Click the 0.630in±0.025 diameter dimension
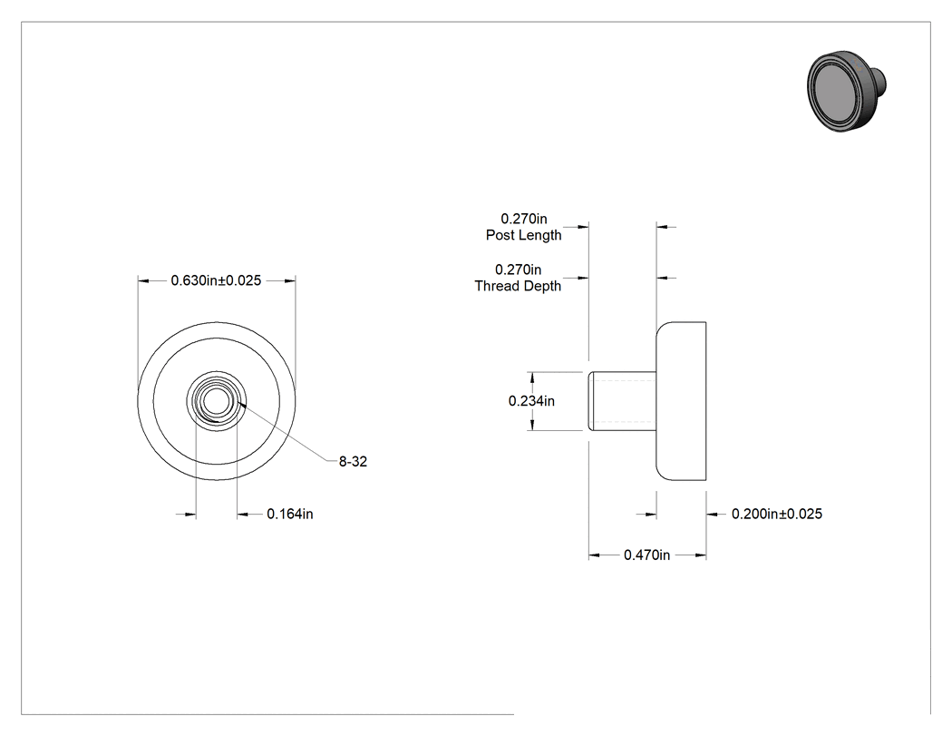[216, 280]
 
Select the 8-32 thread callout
[353, 461]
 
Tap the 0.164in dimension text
[290, 514]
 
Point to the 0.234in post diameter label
[531, 400]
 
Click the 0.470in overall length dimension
[647, 554]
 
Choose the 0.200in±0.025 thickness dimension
[777, 514]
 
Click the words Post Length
[523, 235]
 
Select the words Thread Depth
[518, 286]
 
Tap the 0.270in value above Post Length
[524, 218]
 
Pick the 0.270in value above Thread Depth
[519, 270]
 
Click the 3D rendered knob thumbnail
[846, 91]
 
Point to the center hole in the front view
[216, 401]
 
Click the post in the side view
[622, 401]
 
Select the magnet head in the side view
[681, 401]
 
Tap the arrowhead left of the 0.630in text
[143, 280]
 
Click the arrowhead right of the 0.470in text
[701, 554]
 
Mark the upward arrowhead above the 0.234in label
[532, 378]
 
